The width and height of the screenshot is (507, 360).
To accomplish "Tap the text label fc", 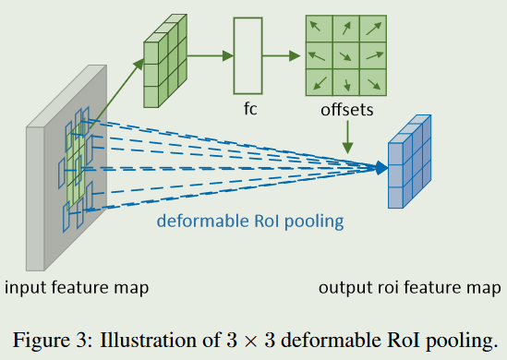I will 248,107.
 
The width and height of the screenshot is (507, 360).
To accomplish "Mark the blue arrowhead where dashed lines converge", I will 380,168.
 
